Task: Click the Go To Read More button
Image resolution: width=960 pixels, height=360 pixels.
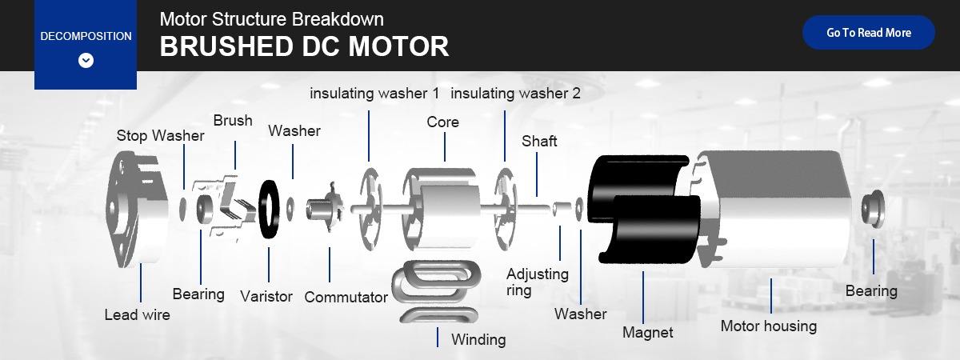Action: pos(868,33)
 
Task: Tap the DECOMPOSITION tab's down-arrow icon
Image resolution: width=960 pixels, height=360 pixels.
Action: pos(86,61)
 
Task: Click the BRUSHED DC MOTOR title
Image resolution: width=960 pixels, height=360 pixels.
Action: pos(304,46)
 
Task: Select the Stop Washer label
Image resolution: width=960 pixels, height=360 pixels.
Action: pos(160,135)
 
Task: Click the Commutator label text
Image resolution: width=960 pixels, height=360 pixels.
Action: pos(346,298)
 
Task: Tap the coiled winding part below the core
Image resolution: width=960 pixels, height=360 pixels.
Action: pos(432,292)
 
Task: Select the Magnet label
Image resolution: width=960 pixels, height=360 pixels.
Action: pos(648,332)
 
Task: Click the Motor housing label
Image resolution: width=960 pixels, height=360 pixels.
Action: pos(768,326)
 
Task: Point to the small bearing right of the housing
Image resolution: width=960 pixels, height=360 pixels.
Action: pos(870,208)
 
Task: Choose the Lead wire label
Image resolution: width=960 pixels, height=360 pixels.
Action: pos(138,314)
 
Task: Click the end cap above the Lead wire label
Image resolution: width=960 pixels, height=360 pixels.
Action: pos(136,212)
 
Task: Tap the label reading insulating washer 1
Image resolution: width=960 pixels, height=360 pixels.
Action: pos(374,94)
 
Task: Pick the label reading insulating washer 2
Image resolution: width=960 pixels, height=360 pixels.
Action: pos(515,94)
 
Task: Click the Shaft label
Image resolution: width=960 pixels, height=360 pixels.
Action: pos(539,141)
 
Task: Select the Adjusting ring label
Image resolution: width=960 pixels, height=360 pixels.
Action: pos(537,282)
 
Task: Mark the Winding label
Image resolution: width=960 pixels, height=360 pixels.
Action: pos(478,339)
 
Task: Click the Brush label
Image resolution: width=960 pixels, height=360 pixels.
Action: pos(233,121)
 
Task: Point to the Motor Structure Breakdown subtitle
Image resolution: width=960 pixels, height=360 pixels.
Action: pos(271,19)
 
